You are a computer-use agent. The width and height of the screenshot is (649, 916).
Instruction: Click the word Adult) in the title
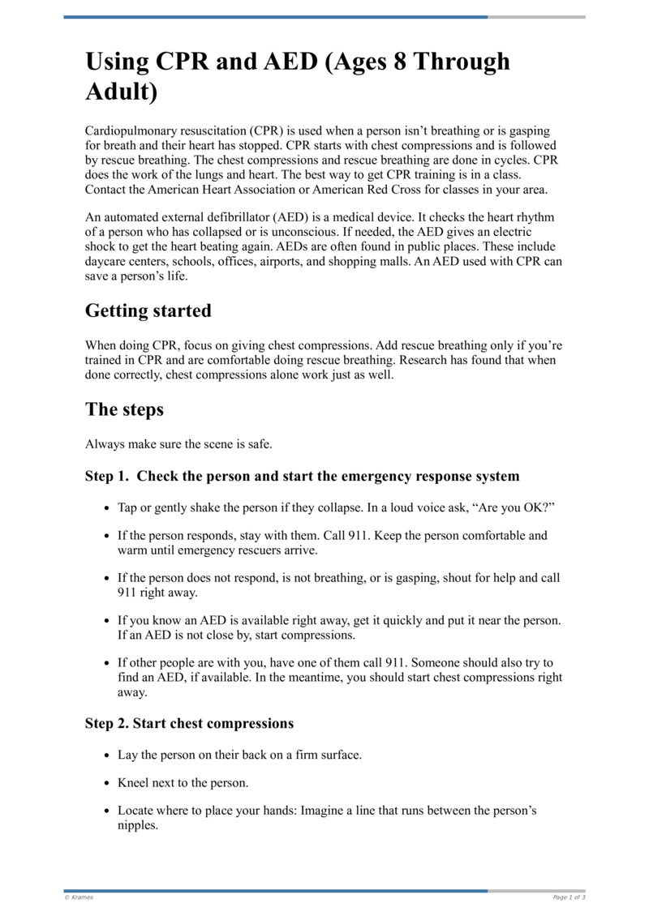coord(121,92)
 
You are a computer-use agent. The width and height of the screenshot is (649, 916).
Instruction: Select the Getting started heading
coord(148,311)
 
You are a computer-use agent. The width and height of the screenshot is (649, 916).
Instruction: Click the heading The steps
coord(124,409)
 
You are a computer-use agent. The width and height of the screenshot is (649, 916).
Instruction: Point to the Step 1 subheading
coord(302,476)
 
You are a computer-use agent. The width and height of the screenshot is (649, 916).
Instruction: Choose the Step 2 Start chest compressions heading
coord(189,723)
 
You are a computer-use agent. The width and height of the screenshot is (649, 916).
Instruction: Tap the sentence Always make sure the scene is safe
coord(178,444)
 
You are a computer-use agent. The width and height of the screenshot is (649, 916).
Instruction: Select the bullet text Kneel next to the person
coord(183,783)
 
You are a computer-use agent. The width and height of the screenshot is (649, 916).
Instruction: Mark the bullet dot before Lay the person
coord(107,755)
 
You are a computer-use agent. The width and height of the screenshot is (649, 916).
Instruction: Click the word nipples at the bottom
coord(137,825)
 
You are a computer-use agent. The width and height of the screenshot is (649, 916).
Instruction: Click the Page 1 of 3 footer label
coord(568,897)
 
